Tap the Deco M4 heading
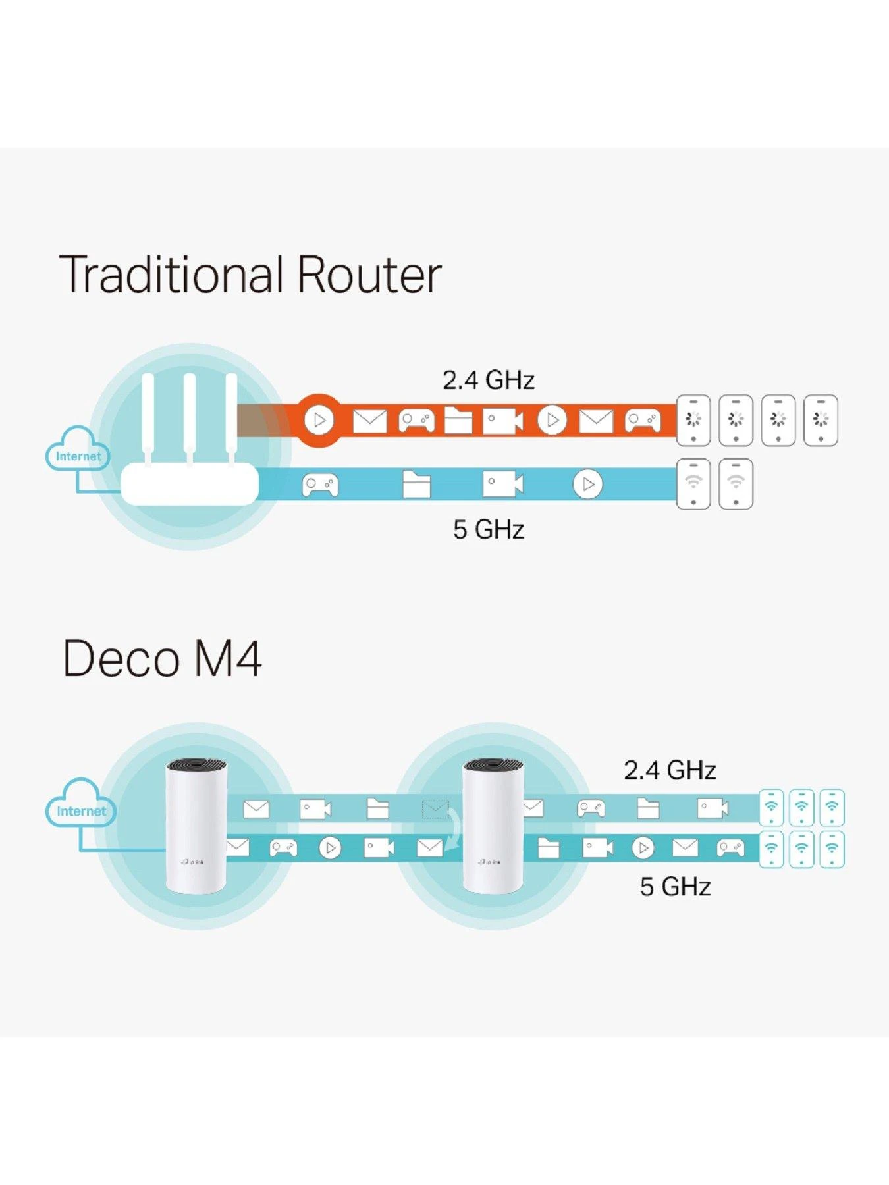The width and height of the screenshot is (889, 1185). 162,658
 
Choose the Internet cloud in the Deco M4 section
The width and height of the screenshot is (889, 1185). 80,804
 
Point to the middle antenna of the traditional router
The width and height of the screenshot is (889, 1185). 190,418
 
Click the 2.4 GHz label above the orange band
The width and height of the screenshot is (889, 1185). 488,381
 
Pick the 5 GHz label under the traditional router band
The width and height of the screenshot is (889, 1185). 488,529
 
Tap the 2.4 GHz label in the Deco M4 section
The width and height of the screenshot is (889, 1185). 669,770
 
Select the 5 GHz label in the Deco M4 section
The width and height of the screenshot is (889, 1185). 675,887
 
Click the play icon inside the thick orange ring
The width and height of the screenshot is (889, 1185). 320,420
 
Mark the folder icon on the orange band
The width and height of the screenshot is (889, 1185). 458,421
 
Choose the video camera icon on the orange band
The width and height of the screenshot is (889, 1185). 502,421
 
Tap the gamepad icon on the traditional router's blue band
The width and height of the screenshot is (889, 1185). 320,485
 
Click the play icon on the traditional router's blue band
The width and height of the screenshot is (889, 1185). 587,485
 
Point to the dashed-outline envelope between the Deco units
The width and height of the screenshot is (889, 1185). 435,809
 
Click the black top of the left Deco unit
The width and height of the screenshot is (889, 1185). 196,766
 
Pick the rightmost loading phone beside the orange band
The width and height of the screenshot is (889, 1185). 821,421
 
